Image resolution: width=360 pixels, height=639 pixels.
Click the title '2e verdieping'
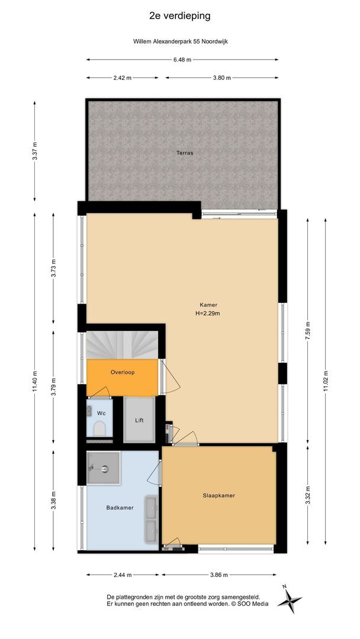tap(180, 16)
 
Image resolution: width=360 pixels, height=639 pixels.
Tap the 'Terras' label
tap(184, 153)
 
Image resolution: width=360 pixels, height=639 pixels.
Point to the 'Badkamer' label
tap(120, 508)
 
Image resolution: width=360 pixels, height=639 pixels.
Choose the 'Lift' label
tap(140, 421)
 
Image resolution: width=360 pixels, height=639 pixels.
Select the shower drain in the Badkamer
tap(104, 469)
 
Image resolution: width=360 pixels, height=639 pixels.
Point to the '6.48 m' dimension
tap(182, 60)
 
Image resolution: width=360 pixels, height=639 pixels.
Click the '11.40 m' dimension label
tap(34, 382)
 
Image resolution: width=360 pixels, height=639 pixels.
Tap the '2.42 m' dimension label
tap(123, 78)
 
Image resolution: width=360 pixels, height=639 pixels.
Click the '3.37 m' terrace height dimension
tap(34, 151)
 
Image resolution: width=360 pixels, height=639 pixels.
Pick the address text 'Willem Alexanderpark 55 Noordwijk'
tap(180, 41)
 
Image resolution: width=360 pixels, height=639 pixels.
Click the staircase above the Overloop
tap(123, 344)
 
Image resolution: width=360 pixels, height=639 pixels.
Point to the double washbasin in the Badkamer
tap(151, 518)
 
